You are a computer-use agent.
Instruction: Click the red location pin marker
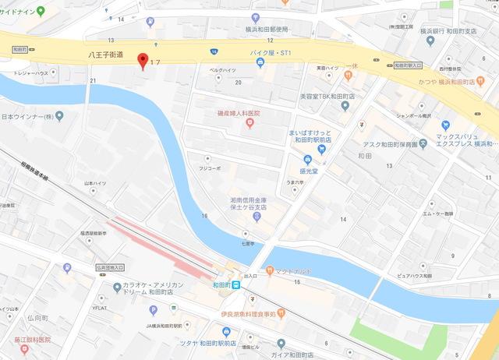tap(142, 60)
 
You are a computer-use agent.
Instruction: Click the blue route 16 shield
tap(214, 51)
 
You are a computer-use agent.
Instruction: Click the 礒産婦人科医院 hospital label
tap(238, 114)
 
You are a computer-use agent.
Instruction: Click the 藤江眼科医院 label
tap(30, 340)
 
